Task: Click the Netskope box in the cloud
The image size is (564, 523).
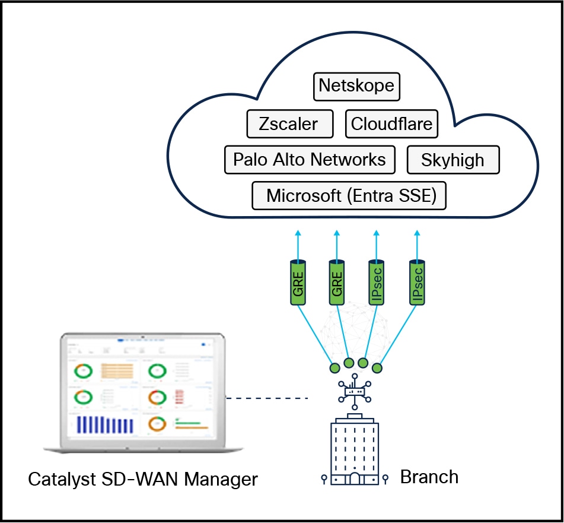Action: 356,85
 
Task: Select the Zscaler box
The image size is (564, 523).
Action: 289,124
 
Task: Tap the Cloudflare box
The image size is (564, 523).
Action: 391,124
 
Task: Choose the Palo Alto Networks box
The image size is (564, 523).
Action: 310,159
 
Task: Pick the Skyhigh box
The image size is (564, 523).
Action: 453,160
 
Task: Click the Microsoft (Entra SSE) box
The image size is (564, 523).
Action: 349,195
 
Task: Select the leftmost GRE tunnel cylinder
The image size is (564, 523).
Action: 297,281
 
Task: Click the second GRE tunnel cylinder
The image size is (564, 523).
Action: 336,281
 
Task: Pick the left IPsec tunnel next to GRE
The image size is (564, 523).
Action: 375,281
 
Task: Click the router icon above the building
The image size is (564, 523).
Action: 355,391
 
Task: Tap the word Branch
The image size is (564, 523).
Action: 429,477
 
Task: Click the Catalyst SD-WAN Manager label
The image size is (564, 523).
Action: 143,478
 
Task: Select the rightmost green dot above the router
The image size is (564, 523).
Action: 377,368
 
